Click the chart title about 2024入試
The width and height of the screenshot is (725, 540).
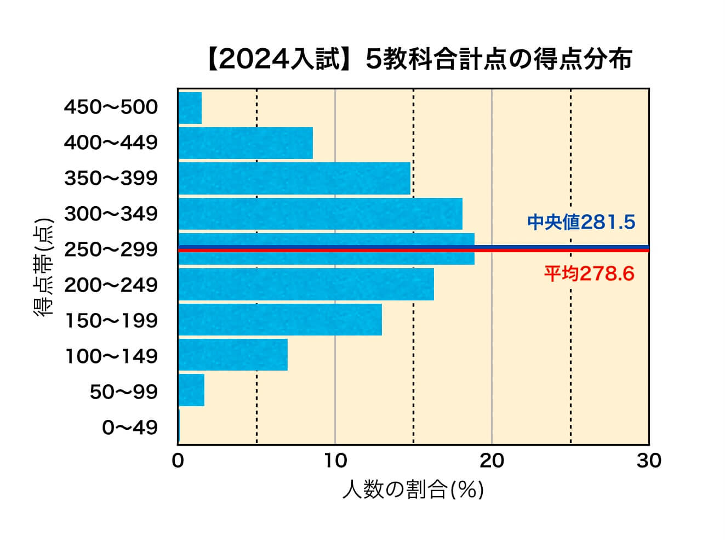coord(419,60)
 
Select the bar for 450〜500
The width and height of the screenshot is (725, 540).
coord(190,108)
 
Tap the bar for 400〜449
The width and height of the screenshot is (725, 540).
coord(246,143)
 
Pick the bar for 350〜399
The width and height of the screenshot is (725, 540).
coord(294,179)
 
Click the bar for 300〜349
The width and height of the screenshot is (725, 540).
coord(320,214)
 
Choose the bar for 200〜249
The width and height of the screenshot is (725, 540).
coord(306,285)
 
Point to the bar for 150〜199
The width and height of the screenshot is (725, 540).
coord(280,320)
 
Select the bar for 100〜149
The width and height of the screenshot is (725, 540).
coord(233,355)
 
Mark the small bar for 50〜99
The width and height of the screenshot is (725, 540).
coord(191,390)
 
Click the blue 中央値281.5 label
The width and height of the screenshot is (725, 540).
coord(581,222)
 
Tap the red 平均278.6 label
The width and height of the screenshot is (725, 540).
coord(589,273)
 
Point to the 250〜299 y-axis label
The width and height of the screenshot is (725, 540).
coord(111,249)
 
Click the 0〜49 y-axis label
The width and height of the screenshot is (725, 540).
coord(130,428)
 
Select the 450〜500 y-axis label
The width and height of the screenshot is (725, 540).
coord(111,107)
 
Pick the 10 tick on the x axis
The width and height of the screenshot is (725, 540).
coord(335,461)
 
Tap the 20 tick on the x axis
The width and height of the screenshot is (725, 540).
coord(492,461)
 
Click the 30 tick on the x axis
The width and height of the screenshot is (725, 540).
coord(649,461)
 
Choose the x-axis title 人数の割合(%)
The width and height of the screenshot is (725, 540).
coord(413,490)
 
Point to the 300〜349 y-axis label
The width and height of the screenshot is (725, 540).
coord(111,214)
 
